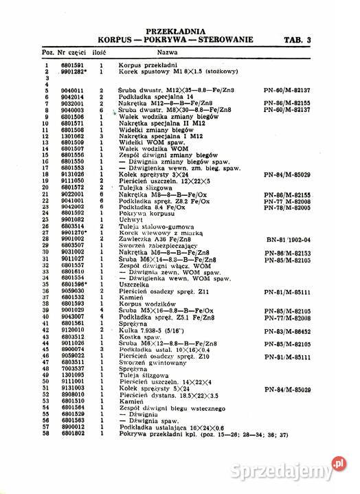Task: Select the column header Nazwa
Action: (168, 52)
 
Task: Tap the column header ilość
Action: (101, 52)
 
